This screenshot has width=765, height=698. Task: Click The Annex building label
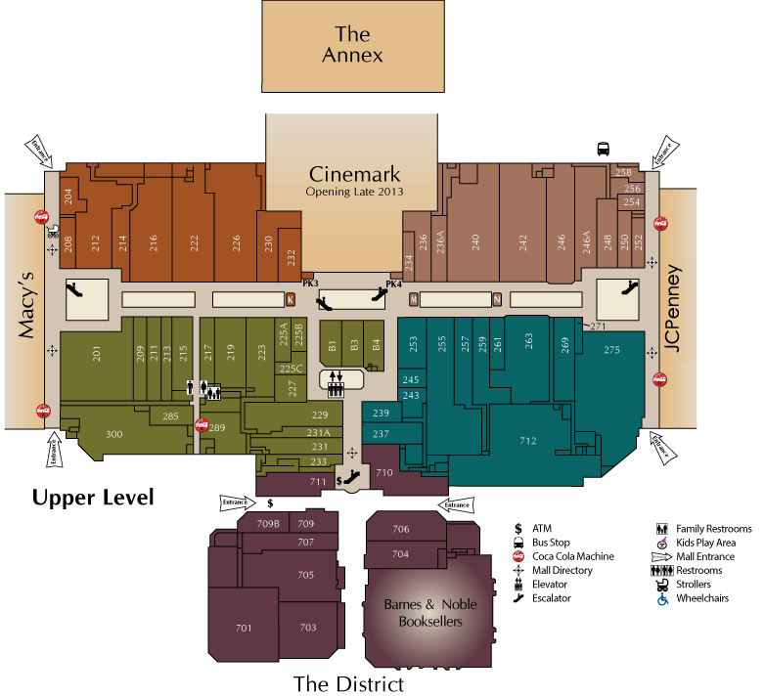(352, 46)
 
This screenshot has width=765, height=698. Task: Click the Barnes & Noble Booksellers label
(429, 613)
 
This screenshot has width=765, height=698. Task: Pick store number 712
(527, 441)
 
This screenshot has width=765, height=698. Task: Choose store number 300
(113, 434)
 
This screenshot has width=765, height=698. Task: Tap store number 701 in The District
(243, 627)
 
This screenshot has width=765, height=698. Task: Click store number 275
(611, 350)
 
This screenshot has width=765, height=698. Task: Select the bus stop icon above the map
(604, 149)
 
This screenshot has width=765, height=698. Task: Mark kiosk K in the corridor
(290, 299)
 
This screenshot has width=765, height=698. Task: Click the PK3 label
(311, 284)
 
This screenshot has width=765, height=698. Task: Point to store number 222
(194, 241)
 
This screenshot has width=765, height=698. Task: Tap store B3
(354, 345)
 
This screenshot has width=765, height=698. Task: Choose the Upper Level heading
(93, 498)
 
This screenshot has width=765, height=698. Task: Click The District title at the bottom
(348, 682)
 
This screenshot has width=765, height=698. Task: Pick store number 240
(476, 241)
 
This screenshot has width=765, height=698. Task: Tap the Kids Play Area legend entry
(708, 543)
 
